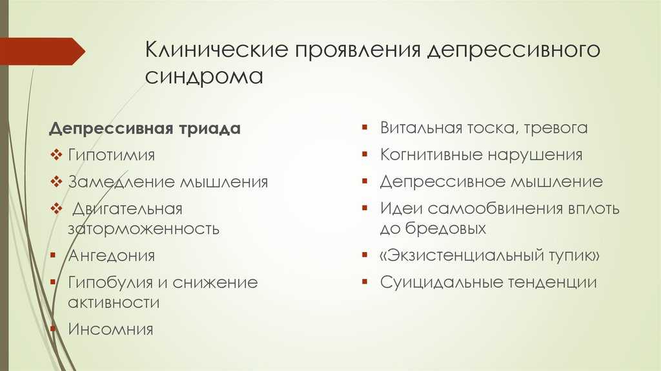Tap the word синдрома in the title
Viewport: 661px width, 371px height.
pos(204,77)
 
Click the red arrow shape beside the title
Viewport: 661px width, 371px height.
pos(43,52)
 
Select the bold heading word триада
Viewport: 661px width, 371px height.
pos(209,129)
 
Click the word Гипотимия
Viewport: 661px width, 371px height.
pos(111,155)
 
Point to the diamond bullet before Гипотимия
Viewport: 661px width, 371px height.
pos(56,155)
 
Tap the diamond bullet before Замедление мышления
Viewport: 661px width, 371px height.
pos(56,182)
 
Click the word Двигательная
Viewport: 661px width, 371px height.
pos(127,209)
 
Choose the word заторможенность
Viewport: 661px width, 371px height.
pos(144,229)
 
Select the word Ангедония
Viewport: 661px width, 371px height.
pos(111,256)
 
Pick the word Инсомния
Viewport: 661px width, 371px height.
pos(110,329)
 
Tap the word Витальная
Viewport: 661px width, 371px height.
pos(421,128)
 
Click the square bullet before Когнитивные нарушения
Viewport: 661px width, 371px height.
pos(365,154)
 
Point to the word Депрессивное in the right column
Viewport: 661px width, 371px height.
pos(443,182)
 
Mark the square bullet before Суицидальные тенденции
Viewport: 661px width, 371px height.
pos(365,282)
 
